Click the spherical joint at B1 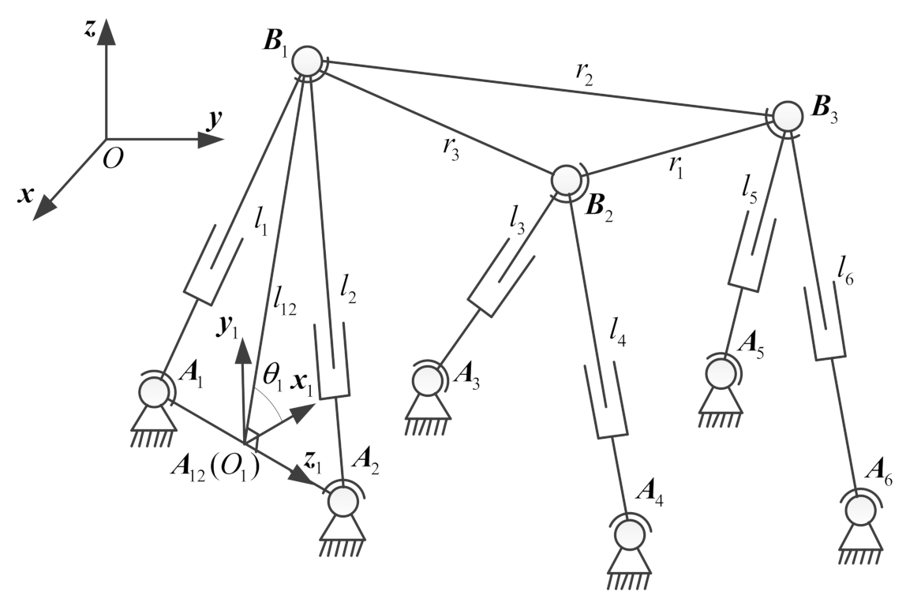tap(307, 61)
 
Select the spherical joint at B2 tap(565, 180)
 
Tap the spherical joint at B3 tap(787, 116)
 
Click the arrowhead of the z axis tap(107, 32)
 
